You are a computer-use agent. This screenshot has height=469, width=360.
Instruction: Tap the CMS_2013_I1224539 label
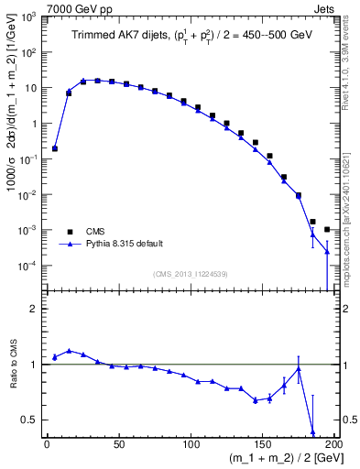coord(191,273)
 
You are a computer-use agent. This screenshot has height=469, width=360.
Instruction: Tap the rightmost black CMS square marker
coord(327,229)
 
